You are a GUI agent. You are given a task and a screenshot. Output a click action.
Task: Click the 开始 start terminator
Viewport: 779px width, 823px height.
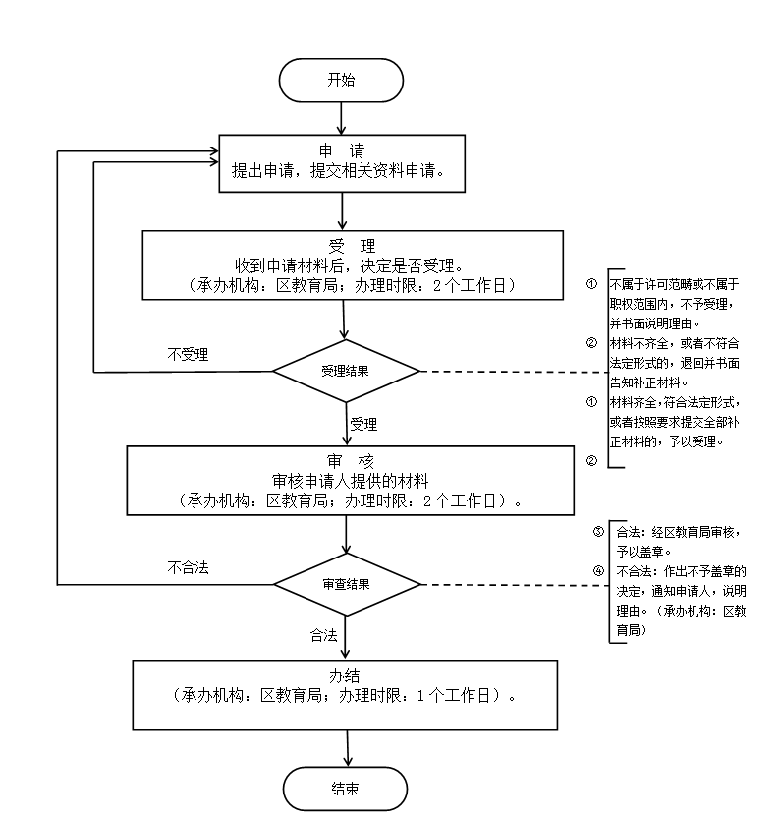[x=341, y=80]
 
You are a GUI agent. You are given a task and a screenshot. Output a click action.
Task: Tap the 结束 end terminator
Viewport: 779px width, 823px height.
[x=345, y=789]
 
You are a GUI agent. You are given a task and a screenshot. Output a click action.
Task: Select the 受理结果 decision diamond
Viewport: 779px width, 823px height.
[x=346, y=371]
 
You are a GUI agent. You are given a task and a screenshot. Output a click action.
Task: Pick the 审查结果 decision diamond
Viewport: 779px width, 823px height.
[x=347, y=584]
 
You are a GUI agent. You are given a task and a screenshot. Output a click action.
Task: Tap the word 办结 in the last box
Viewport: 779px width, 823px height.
[x=347, y=676]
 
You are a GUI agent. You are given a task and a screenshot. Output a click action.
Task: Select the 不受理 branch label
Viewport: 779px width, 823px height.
[x=188, y=355]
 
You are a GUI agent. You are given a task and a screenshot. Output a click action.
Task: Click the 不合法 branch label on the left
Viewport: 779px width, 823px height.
[x=188, y=567]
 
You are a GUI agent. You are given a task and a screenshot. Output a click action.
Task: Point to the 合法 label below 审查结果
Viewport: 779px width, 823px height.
[x=323, y=634]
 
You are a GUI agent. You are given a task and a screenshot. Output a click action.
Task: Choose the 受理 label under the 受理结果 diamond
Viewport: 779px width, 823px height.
[x=363, y=425]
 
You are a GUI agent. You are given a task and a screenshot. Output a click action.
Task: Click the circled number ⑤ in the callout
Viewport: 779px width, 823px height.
[x=598, y=532]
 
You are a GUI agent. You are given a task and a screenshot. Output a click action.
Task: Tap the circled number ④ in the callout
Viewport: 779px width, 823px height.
[x=598, y=570]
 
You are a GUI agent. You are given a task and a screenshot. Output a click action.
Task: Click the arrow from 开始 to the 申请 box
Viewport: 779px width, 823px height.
[x=341, y=116]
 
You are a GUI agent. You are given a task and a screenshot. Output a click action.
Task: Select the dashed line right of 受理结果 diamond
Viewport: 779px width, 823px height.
[x=511, y=372]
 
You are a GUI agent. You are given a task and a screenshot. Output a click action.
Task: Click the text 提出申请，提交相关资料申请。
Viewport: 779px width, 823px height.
[x=340, y=169]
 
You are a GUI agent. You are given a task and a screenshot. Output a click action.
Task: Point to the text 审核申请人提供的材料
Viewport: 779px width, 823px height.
[x=350, y=481]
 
